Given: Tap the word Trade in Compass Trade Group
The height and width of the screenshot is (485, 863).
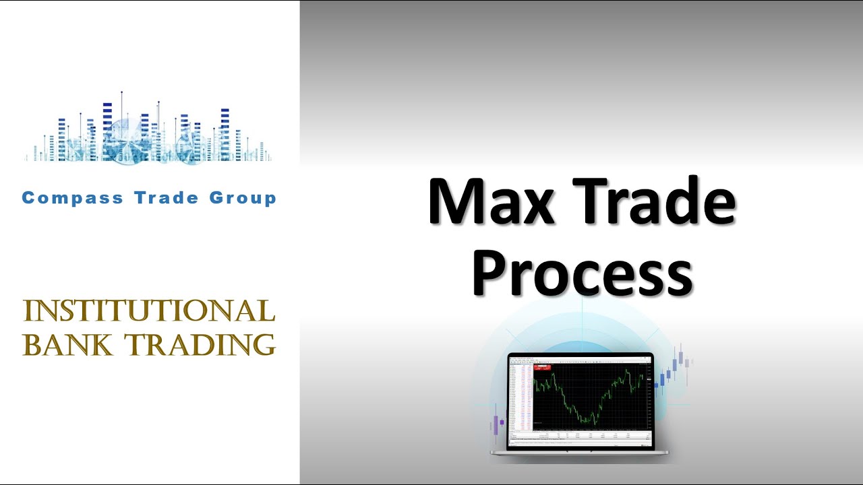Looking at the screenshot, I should pyautogui.click(x=166, y=198).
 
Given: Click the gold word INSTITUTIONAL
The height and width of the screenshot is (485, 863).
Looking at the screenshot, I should pyautogui.click(x=149, y=311).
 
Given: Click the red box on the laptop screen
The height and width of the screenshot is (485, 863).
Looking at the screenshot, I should pyautogui.click(x=542, y=368).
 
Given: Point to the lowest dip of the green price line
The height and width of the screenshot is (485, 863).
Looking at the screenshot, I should pyautogui.click(x=588, y=423).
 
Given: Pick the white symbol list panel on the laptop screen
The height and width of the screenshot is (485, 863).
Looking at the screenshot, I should pyautogui.click(x=520, y=397).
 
